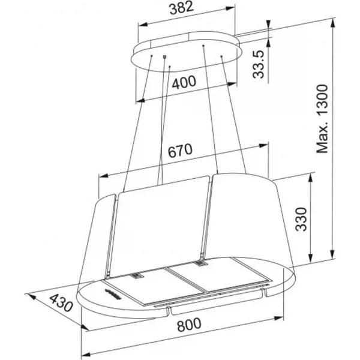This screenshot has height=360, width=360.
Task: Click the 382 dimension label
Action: tap(181, 8)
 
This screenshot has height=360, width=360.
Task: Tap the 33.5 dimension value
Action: tap(259, 64)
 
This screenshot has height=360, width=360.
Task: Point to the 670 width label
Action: tap(180, 151)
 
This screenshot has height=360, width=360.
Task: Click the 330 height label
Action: tap(301, 219)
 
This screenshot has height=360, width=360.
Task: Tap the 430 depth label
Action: tap(61, 303)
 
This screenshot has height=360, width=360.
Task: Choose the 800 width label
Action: tap(189, 325)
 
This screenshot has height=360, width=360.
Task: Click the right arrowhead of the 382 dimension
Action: tap(230, 8)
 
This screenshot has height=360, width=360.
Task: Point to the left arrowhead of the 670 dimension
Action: tap(103, 176)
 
